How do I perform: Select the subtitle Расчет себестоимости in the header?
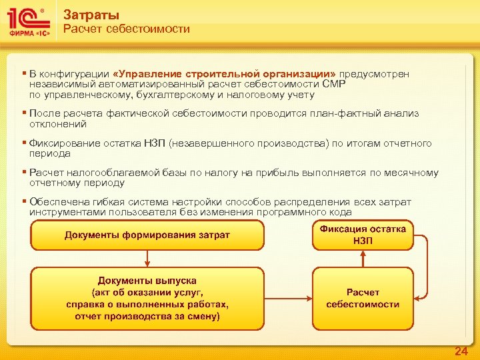click(126, 29)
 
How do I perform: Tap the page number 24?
click(461, 351)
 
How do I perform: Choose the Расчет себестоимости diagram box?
click(363, 298)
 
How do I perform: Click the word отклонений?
click(58, 124)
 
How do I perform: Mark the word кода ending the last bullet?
click(341, 212)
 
